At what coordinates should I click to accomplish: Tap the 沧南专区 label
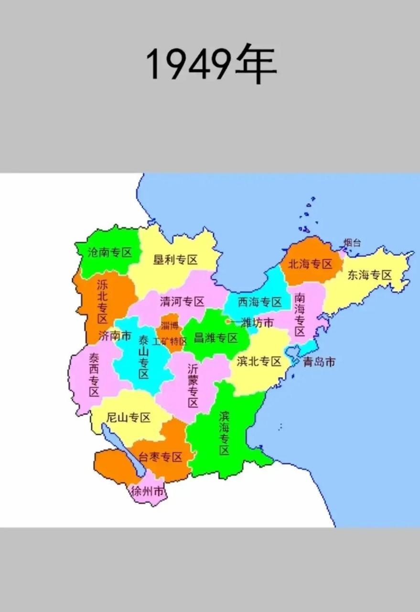(109, 252)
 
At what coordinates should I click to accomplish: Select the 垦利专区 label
(175, 260)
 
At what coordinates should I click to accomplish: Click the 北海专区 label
(311, 264)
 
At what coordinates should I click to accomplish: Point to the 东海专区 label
(369, 275)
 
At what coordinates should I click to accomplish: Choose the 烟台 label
(353, 243)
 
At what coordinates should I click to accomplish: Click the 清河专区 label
(182, 302)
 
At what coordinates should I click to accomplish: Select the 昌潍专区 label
(215, 339)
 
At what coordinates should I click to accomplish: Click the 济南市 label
(115, 336)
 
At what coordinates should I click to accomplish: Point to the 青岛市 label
(319, 361)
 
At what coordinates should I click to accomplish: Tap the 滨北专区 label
(259, 361)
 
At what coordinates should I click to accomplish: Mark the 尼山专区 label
(128, 417)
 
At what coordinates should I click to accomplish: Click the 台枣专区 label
(161, 457)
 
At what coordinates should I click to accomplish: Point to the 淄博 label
(170, 326)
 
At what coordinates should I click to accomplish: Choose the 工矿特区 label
(170, 341)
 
